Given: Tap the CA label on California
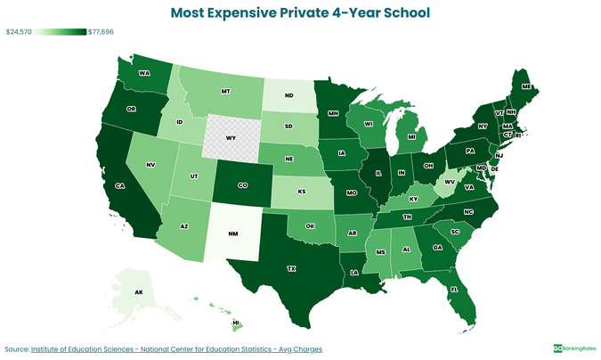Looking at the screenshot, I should [x=119, y=186].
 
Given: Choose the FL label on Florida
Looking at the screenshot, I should [x=453, y=290].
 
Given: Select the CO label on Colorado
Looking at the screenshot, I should [x=243, y=185].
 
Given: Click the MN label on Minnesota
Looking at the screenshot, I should [x=333, y=114].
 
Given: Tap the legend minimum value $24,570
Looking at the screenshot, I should [x=20, y=32].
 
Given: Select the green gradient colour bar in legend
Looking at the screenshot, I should [x=61, y=32].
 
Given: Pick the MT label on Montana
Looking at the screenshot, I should [x=226, y=92].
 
